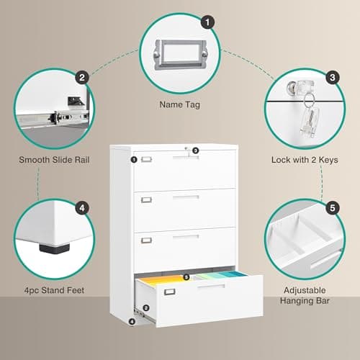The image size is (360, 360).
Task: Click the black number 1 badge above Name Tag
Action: (x=209, y=22)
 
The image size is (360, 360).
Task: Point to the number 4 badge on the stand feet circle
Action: (x=83, y=209)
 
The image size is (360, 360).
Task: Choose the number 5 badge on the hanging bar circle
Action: (x=332, y=209)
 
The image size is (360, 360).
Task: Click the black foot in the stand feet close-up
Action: (x=49, y=249)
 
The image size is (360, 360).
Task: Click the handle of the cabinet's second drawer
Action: (x=185, y=197)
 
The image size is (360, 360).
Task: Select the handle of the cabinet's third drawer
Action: (x=185, y=236)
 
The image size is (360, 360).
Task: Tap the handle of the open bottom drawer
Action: (x=210, y=287)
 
